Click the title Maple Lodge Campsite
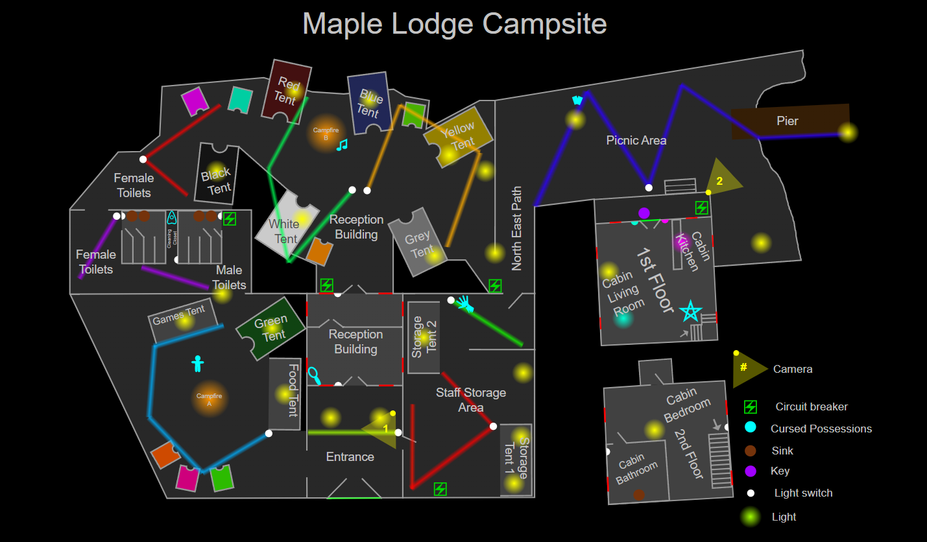click(x=454, y=24)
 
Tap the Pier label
click(x=787, y=121)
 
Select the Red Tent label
click(x=287, y=91)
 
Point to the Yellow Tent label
click(x=459, y=135)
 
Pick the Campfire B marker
click(x=326, y=134)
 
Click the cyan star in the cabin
click(x=690, y=312)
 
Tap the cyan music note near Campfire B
click(x=342, y=145)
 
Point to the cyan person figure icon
click(x=198, y=363)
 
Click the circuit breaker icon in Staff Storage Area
click(x=440, y=489)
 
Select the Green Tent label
click(x=272, y=328)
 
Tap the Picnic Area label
click(x=636, y=140)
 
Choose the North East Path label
click(x=516, y=228)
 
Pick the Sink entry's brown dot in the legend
click(x=751, y=451)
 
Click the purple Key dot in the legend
click(x=751, y=471)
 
